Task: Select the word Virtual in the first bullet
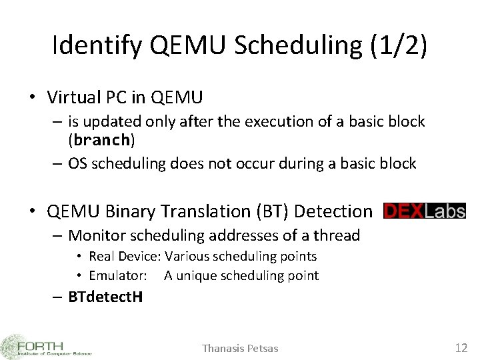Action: pos(74,98)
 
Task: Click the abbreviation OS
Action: pos(79,163)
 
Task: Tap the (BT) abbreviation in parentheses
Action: pos(268,211)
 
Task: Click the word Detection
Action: pos(333,211)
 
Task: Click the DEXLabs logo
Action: pos(424,211)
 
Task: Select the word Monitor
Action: pos(97,235)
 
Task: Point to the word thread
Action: pos(337,235)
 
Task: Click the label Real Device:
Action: pos(125,256)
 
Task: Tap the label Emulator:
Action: pos(118,275)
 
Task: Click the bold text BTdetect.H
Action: pos(105,297)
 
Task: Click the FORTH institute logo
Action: pos(47,345)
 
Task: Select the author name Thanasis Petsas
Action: pos(240,348)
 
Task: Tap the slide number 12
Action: pos(461,347)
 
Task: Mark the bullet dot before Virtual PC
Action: pos(32,99)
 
